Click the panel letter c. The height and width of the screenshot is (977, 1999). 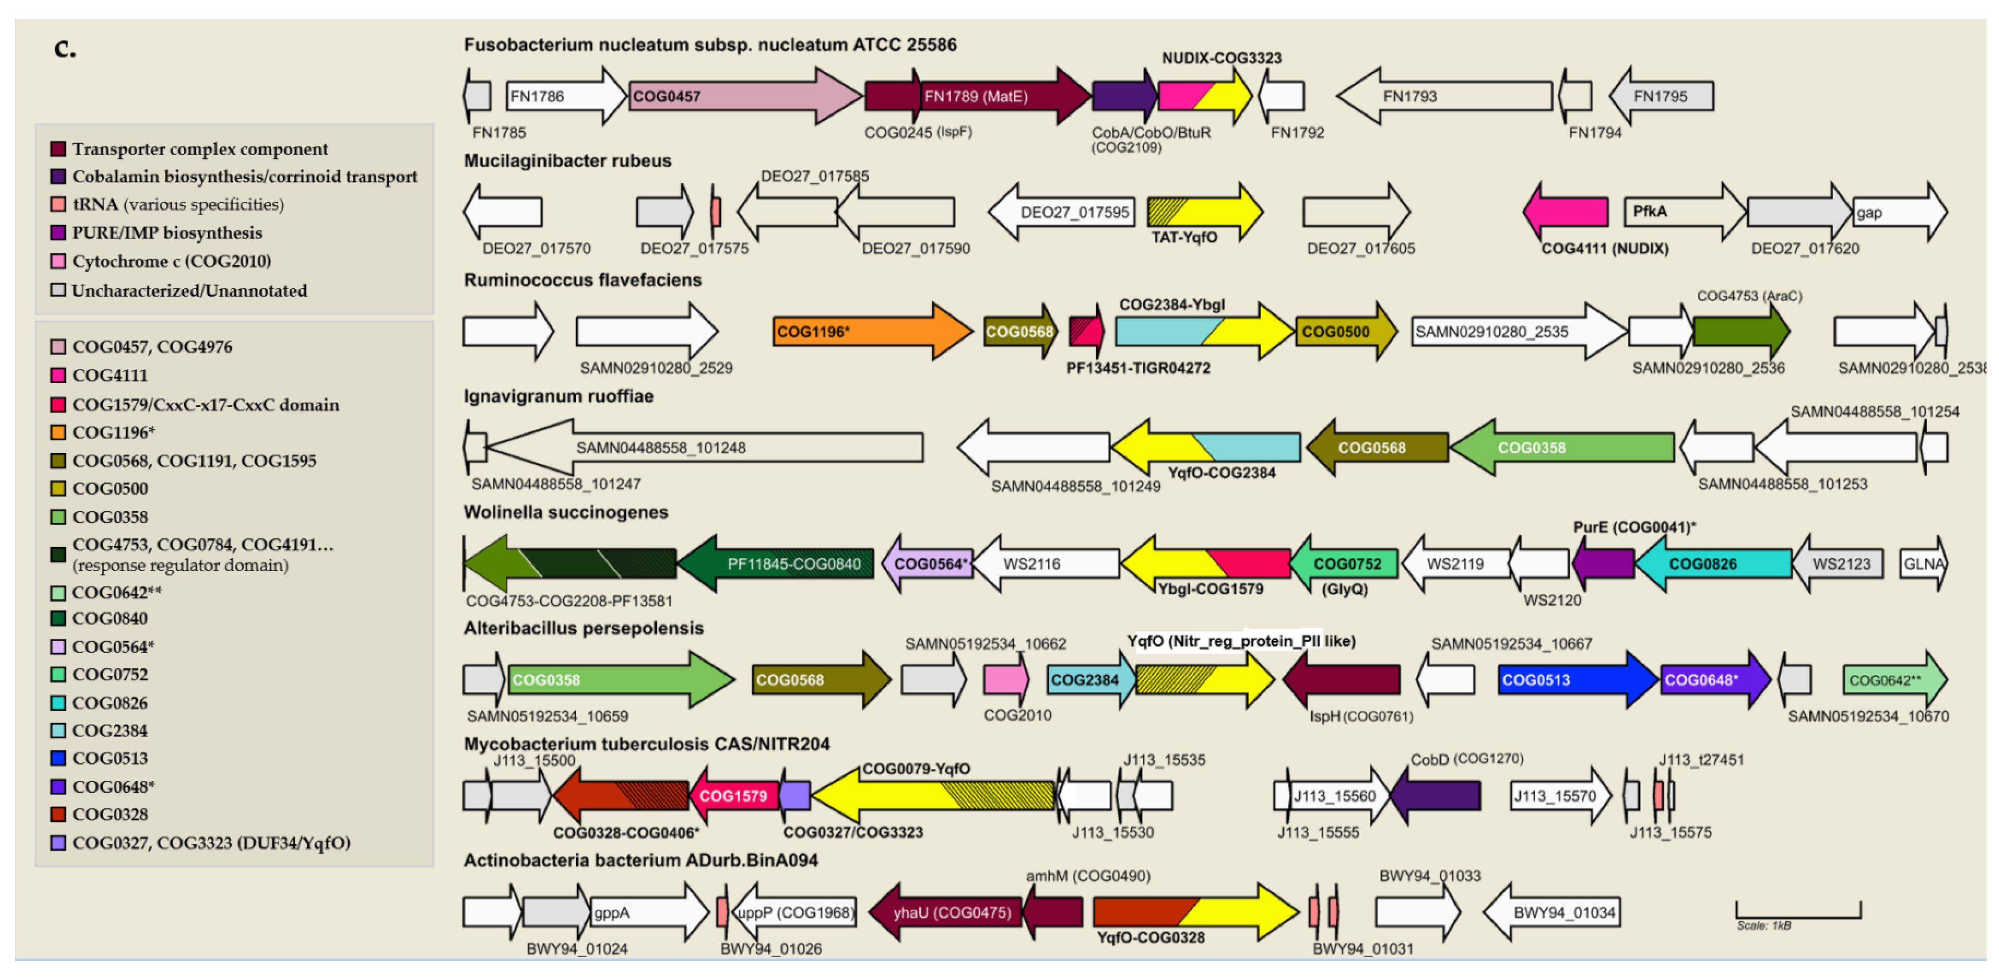point(65,48)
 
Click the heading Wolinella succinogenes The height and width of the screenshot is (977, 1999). point(566,512)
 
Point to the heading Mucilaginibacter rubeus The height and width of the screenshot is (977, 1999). point(567,161)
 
